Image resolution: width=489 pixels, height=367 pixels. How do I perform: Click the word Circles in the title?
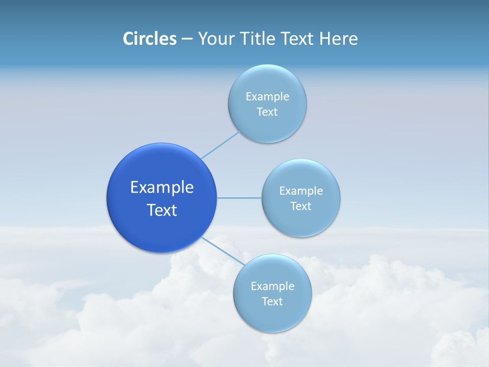click(x=149, y=39)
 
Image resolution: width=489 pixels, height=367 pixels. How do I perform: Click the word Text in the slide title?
click(x=298, y=39)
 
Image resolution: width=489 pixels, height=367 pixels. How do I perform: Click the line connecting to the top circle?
click(x=220, y=144)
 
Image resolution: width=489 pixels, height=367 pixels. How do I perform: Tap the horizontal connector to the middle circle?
click(x=239, y=198)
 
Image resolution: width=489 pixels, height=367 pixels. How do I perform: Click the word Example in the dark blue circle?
click(x=161, y=188)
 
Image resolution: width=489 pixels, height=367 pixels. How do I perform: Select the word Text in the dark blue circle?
click(x=161, y=210)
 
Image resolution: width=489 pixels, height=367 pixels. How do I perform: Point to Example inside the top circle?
click(x=267, y=96)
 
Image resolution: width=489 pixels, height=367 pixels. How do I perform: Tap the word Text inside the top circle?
click(x=267, y=112)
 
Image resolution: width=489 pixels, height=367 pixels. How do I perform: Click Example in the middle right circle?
click(x=301, y=191)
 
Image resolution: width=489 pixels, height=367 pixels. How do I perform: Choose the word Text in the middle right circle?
click(x=301, y=206)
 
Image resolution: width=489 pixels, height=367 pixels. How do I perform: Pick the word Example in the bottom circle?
click(x=272, y=286)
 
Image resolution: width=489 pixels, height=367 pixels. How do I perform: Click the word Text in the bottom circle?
click(x=272, y=301)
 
